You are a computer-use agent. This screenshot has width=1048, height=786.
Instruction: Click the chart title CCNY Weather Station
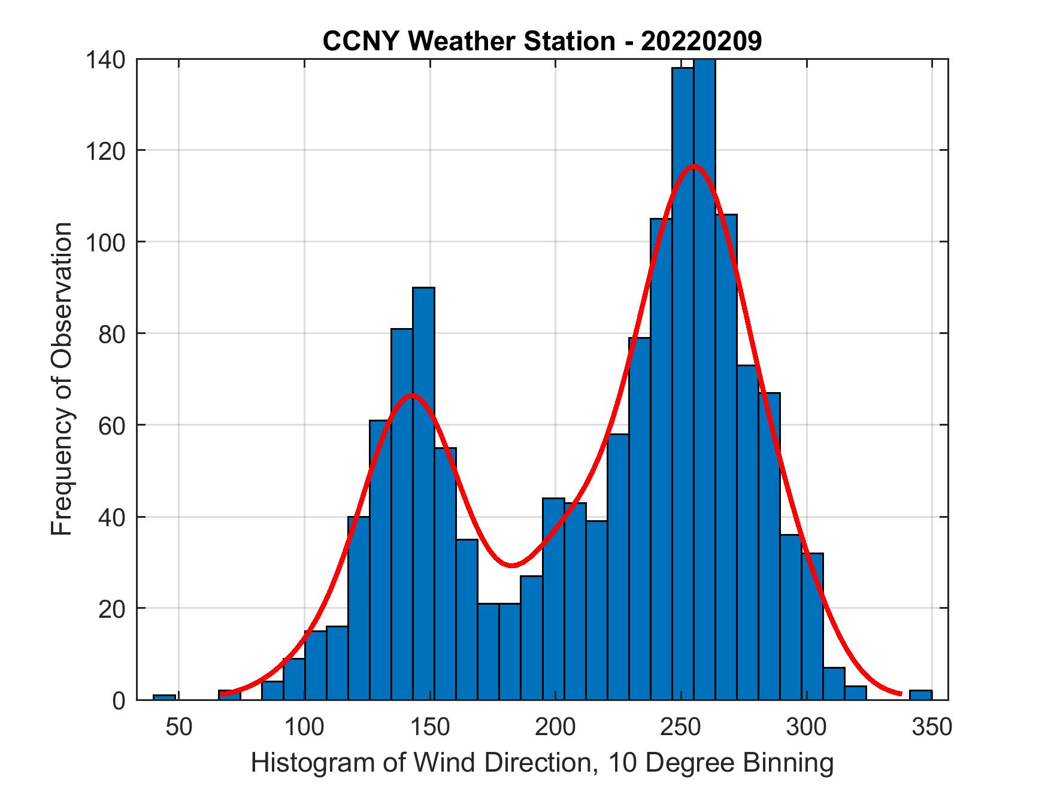click(x=542, y=41)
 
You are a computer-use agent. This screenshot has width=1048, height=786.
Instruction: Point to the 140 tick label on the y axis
click(x=105, y=60)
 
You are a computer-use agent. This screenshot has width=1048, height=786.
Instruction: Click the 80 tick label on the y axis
click(x=111, y=334)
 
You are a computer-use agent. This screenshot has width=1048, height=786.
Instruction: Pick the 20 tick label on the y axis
click(x=111, y=609)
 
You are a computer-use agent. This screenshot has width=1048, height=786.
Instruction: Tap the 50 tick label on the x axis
click(x=178, y=727)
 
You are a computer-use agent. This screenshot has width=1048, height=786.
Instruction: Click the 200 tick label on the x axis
click(x=555, y=727)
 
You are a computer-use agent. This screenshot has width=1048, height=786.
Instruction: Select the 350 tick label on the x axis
click(x=932, y=727)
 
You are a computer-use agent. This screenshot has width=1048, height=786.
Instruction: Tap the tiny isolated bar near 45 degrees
click(x=164, y=697)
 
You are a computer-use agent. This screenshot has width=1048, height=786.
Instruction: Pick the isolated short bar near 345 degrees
click(x=920, y=695)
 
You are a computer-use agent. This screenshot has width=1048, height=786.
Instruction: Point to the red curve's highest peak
click(x=693, y=166)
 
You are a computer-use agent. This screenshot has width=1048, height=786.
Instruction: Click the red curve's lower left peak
click(x=411, y=395)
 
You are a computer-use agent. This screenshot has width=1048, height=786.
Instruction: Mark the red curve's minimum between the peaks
click(x=511, y=565)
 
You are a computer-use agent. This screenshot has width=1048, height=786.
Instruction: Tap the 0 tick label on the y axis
click(x=118, y=700)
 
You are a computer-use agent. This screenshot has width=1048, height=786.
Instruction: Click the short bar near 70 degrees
click(x=229, y=695)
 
